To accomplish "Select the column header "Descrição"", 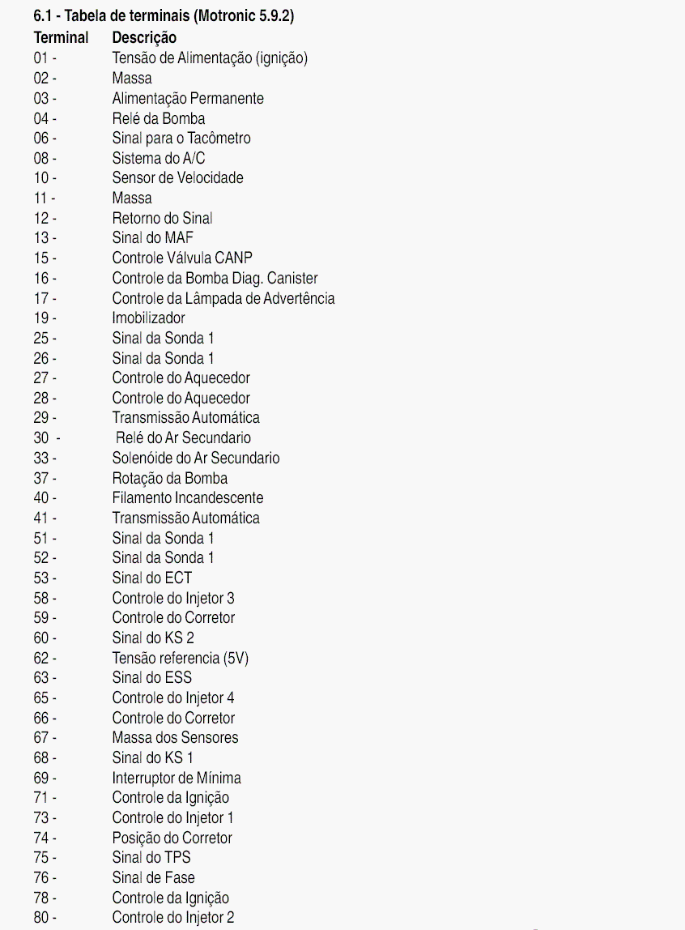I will point(144,37).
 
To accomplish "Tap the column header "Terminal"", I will point(61,37).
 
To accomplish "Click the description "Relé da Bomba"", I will point(159,118).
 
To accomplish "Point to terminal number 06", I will point(41,139).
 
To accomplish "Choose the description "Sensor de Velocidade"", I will point(177,178).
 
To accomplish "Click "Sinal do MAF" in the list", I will point(153,238).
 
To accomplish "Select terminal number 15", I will point(41,258).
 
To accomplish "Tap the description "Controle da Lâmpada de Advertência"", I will point(223,298).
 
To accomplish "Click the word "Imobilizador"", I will point(149,318).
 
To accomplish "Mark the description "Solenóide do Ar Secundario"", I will point(196,458).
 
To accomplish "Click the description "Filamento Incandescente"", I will point(188,498).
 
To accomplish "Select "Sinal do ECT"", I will point(152,578).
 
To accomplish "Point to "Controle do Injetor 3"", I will point(173,598).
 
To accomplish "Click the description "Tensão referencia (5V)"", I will point(181,658).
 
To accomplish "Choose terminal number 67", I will point(41,738).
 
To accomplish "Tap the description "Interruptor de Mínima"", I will point(177,778).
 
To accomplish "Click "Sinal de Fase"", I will point(154,877).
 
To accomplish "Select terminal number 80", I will point(41,918).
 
